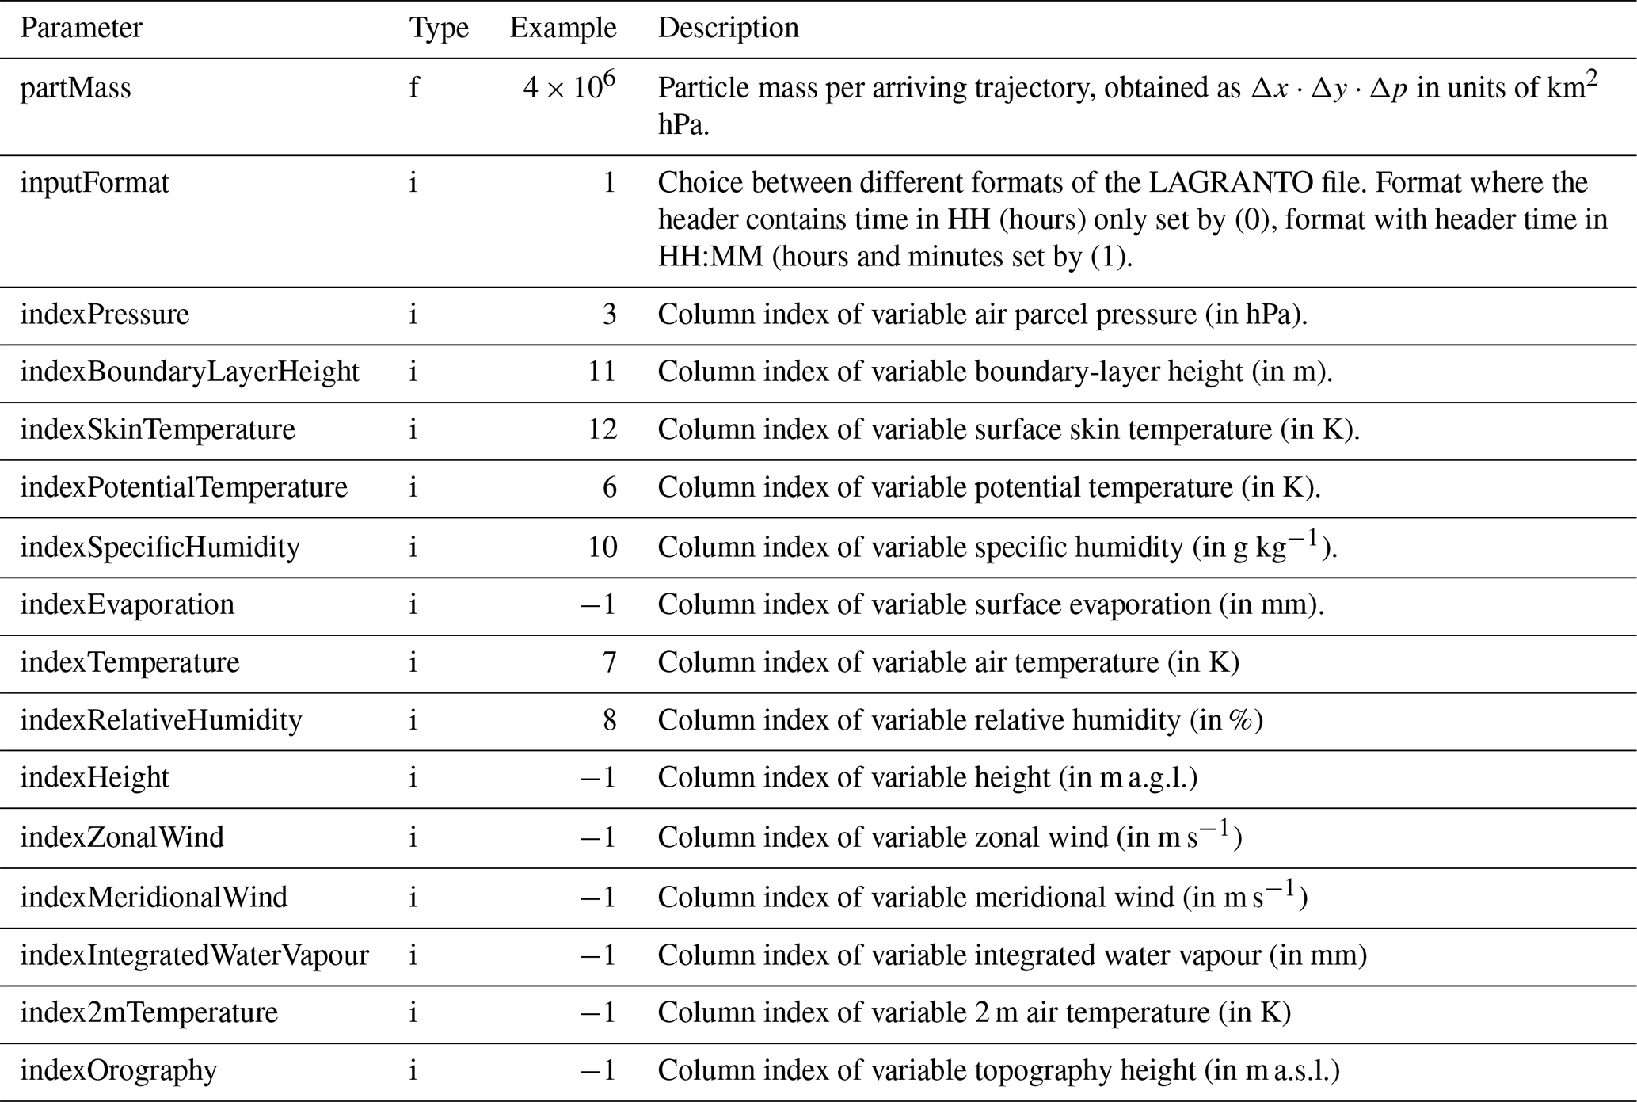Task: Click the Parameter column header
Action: (81, 29)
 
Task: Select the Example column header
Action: (562, 29)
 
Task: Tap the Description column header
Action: (728, 29)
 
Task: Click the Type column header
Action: (439, 29)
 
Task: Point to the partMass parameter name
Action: (75, 88)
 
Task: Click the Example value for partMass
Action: (569, 86)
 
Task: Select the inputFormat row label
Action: (94, 183)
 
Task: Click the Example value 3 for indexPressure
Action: (608, 315)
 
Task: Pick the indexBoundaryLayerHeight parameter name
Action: (189, 372)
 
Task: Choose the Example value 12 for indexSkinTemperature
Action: (602, 429)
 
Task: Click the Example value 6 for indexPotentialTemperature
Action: (608, 487)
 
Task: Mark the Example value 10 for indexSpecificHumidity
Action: (602, 547)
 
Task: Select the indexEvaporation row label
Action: (127, 604)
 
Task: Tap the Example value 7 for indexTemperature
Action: (608, 662)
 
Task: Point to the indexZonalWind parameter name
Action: (122, 837)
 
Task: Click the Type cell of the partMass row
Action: (413, 88)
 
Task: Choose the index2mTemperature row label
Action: (149, 1012)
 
